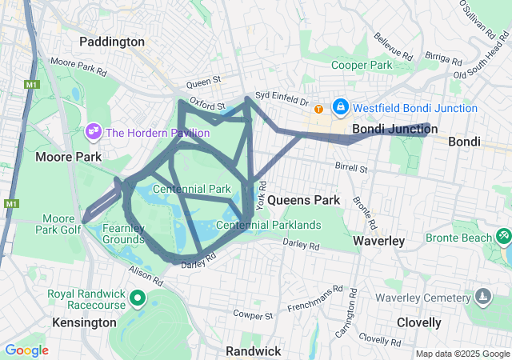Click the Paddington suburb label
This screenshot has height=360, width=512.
point(112,42)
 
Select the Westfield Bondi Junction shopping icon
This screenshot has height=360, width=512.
point(340,106)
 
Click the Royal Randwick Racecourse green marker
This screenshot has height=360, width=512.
point(137,299)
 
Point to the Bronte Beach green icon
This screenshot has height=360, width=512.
point(503,237)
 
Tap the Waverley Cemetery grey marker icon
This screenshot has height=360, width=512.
point(482,298)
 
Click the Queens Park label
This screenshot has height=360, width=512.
point(304,199)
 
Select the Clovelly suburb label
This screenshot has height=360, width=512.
point(418,322)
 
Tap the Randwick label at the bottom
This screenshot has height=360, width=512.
point(253,351)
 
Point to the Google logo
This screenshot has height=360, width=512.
point(26,350)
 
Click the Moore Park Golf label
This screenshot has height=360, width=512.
point(58,224)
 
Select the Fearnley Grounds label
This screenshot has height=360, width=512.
point(123,234)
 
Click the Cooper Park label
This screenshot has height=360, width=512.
point(362,65)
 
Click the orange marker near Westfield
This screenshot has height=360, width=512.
point(319,109)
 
